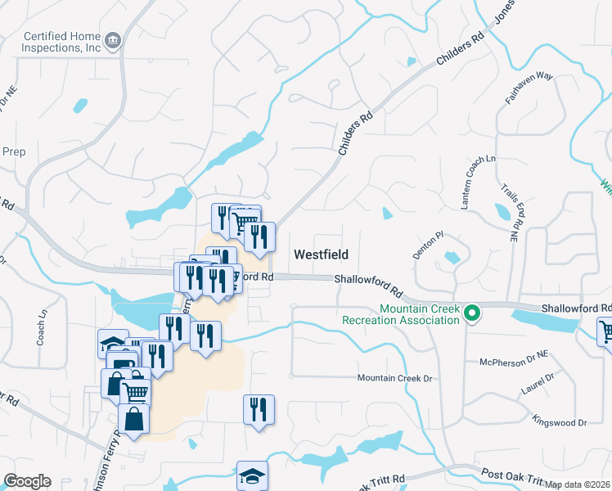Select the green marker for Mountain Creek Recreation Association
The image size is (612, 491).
471,313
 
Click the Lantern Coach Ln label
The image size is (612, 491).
479,181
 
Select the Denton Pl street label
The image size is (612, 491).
428,245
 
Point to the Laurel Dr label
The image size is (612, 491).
538,385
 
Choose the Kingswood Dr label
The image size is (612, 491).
560,423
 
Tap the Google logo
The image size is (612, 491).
27,481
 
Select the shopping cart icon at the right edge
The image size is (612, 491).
605,333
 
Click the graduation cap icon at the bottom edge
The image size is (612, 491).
252,475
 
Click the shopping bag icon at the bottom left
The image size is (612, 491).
134,419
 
